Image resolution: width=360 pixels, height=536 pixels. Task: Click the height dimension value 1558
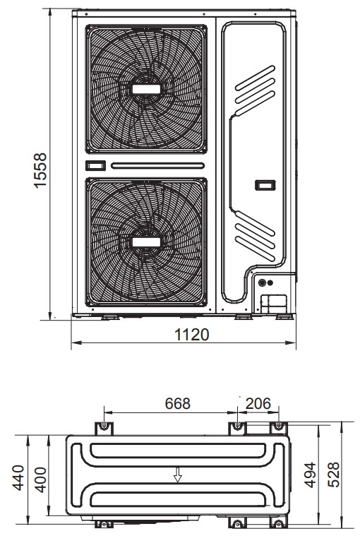41,170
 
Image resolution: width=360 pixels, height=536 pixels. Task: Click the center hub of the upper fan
146,90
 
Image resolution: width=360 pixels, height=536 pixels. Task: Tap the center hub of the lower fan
146,242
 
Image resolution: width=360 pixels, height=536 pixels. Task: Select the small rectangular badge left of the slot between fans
95,166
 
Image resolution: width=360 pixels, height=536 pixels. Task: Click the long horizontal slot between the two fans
158,166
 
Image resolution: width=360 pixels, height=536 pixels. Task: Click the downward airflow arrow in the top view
178,477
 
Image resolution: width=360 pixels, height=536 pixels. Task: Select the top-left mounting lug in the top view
104,427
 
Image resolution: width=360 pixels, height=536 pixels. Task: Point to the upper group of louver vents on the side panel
255,87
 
